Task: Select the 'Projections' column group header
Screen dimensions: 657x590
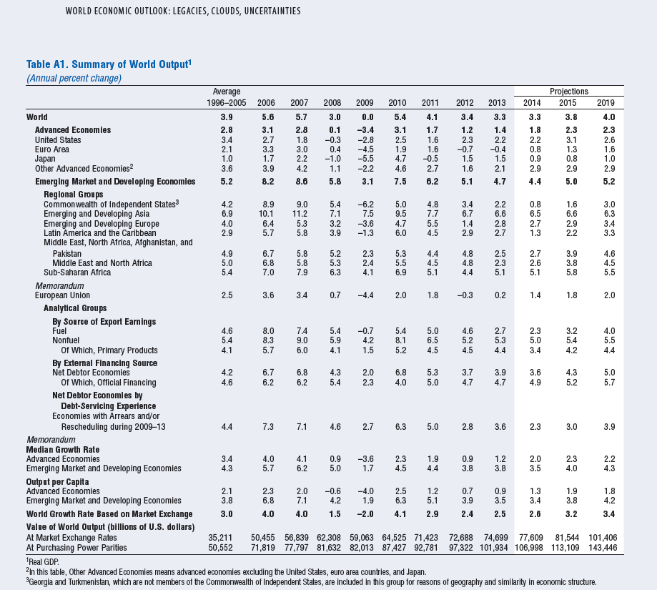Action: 568,92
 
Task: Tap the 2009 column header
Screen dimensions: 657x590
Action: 365,103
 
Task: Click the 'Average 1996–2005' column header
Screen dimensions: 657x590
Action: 226,97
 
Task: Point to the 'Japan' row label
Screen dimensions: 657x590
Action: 45,159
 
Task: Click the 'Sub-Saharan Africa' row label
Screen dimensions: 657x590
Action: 77,272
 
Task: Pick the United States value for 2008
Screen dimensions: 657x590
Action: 332,140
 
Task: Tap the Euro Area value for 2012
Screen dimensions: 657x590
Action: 465,149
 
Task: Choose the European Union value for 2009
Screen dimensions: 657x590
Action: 365,295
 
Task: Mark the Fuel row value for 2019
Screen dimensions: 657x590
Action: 609,331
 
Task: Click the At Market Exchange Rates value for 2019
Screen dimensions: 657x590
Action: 603,538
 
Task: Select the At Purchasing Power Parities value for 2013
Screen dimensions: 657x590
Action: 493,548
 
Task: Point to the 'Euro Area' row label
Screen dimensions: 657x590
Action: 52,149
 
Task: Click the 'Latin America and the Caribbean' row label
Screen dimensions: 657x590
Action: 99,233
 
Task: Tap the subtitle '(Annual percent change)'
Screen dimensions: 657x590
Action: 74,79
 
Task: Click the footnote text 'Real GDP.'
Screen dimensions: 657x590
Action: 44,562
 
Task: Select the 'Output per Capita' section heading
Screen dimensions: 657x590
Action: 57,482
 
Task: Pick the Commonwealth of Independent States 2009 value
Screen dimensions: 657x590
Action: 365,205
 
